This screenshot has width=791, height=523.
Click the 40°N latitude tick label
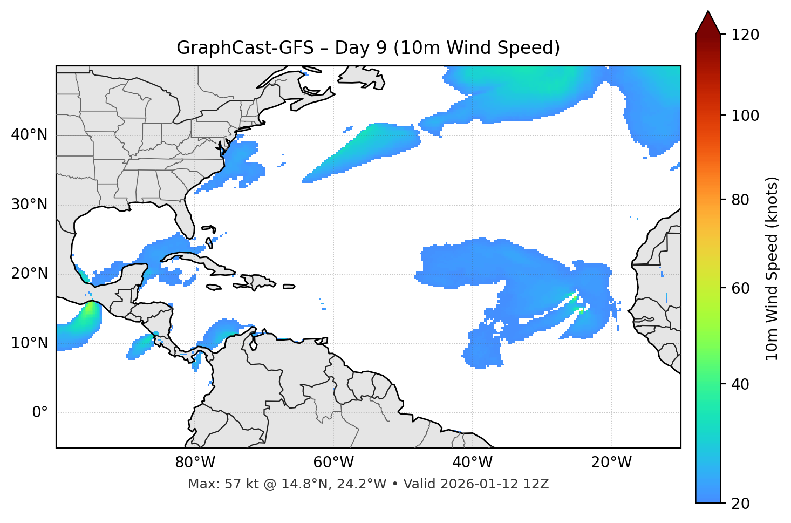[x=30, y=135]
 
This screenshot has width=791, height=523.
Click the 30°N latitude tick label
[x=30, y=205]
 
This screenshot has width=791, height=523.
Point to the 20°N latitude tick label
[x=30, y=274]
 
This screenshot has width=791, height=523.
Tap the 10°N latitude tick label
[x=30, y=343]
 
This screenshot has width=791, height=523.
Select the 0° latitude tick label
[x=39, y=413]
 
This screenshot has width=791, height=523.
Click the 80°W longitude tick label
[x=195, y=463]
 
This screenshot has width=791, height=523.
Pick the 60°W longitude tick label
[x=333, y=463]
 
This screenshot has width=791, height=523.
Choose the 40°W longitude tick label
[x=472, y=463]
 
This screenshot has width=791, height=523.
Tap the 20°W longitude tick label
[x=611, y=463]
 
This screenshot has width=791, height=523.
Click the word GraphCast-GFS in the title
[x=245, y=48]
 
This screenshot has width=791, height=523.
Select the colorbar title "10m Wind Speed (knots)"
[x=772, y=268]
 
